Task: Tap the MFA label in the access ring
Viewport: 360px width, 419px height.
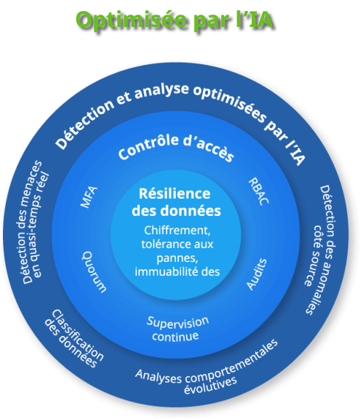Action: pos(89,197)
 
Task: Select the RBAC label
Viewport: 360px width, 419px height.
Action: pos(258,191)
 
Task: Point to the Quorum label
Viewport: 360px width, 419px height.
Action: pos(94,272)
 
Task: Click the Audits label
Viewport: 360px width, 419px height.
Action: pos(257,274)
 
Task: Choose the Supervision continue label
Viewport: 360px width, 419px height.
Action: pos(177,330)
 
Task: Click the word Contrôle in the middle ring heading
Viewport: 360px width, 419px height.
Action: pos(148,146)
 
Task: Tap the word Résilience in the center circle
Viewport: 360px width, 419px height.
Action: pos(175,193)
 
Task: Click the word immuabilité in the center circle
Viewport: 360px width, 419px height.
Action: pos(167,272)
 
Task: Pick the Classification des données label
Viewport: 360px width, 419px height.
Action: pos(74,338)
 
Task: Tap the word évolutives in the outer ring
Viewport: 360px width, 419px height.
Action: pos(210,386)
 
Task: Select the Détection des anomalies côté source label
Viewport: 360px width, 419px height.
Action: pos(321,250)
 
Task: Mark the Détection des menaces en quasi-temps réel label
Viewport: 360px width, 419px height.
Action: pos(32,223)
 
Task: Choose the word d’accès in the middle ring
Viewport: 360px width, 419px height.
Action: pos(209,149)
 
